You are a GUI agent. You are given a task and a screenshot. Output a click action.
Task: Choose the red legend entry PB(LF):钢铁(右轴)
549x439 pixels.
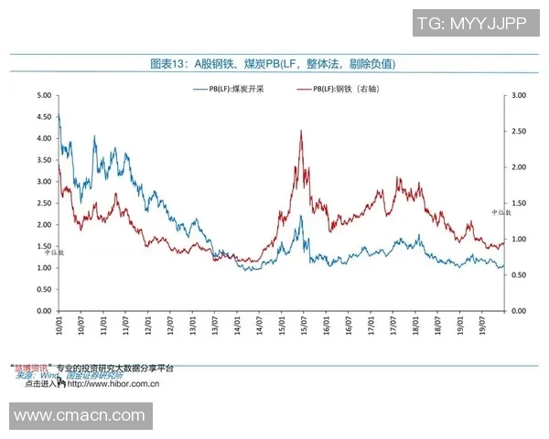[x=348, y=89]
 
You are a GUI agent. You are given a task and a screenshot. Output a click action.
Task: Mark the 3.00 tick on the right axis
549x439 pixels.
[x=519, y=95]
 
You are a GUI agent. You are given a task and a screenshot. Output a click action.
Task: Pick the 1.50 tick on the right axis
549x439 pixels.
[x=519, y=203]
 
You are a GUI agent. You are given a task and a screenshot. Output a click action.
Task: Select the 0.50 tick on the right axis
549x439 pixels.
[x=519, y=275]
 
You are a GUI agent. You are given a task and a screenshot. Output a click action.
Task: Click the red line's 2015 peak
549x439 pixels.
[x=301, y=131]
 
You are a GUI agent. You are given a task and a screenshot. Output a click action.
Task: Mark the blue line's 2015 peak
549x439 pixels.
[x=300, y=216]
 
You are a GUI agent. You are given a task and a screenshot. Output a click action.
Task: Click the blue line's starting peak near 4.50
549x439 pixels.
[x=59, y=115]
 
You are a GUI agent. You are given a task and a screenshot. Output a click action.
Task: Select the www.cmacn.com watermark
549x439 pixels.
[x=81, y=416]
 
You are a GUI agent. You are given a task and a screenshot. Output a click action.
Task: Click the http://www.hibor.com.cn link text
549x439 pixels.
[x=113, y=384]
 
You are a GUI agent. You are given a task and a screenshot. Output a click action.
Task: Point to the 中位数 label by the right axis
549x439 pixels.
[x=501, y=213]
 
